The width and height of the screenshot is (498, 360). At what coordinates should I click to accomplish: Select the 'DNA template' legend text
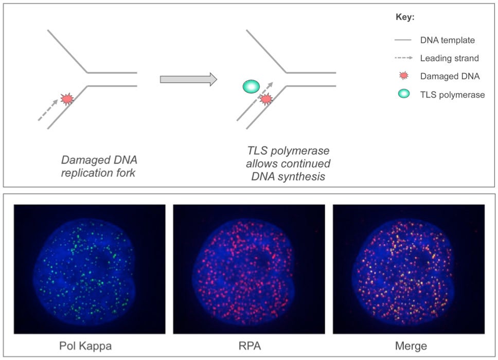(447, 40)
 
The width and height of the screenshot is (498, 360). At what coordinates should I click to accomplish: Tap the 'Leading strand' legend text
(449, 58)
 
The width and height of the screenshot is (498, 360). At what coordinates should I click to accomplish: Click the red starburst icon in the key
(404, 76)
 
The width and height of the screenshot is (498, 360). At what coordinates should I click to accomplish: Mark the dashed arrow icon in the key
(404, 58)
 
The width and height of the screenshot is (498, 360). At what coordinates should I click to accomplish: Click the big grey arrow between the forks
(188, 79)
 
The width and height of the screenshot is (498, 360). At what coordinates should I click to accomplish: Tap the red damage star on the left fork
(67, 98)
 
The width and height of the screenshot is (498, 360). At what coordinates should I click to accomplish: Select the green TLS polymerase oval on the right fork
(252, 86)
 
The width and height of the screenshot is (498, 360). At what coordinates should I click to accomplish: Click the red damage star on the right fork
(265, 99)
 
